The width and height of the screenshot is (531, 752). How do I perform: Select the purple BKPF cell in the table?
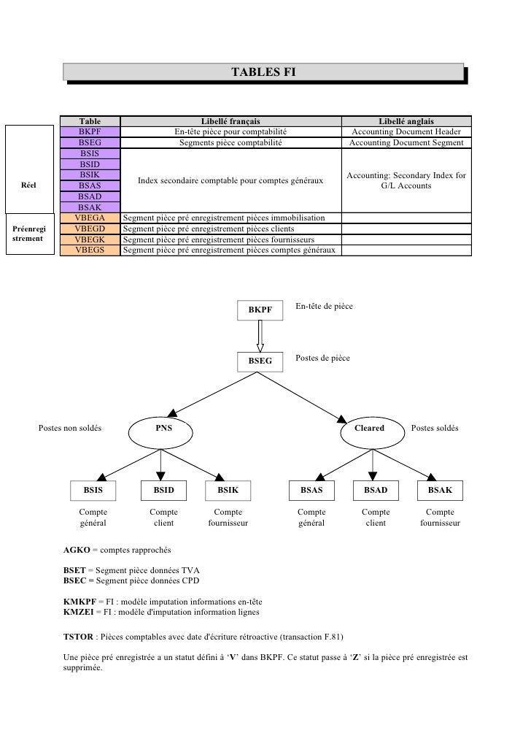90,131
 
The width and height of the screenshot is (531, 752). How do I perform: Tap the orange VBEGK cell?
90,239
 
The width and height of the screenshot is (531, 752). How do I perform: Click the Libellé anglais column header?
406,121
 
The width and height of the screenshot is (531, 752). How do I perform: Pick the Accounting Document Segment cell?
406,142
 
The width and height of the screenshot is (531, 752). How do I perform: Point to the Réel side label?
28,185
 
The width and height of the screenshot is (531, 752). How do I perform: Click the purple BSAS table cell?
90,185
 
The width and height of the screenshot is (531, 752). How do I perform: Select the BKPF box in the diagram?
260,310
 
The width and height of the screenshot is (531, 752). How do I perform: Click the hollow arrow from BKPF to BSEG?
260,336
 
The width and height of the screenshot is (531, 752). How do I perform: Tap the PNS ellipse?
160,433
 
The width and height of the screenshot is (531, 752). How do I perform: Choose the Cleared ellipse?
373,433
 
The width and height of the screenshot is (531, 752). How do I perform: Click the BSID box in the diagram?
163,490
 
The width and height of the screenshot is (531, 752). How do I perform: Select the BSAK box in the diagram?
440,490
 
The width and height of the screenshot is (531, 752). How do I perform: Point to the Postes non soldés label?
70,428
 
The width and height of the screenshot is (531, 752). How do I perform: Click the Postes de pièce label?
322,358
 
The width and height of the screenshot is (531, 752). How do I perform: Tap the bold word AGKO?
77,550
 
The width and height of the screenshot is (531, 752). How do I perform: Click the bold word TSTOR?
78,637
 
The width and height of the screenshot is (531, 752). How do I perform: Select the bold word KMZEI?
79,612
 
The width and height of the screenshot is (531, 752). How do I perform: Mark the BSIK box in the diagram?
228,490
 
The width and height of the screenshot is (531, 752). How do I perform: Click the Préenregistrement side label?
28,234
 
